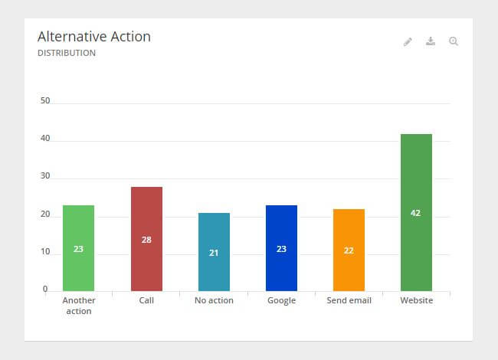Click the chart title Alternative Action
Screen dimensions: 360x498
point(94,37)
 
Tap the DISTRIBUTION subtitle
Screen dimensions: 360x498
point(67,54)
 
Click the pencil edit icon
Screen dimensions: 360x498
point(408,41)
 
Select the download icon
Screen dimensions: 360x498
point(431,41)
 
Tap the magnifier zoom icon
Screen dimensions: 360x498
point(454,41)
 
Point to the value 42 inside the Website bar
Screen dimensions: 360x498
point(416,213)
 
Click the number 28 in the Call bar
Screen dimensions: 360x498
point(146,240)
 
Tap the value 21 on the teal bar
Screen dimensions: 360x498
point(214,253)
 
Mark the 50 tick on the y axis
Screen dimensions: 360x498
point(45,100)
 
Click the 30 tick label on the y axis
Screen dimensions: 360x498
point(45,175)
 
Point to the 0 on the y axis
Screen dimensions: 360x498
point(45,289)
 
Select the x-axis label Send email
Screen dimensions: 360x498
point(349,300)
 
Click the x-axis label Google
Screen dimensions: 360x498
point(281,300)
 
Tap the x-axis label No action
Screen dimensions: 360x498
point(214,300)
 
